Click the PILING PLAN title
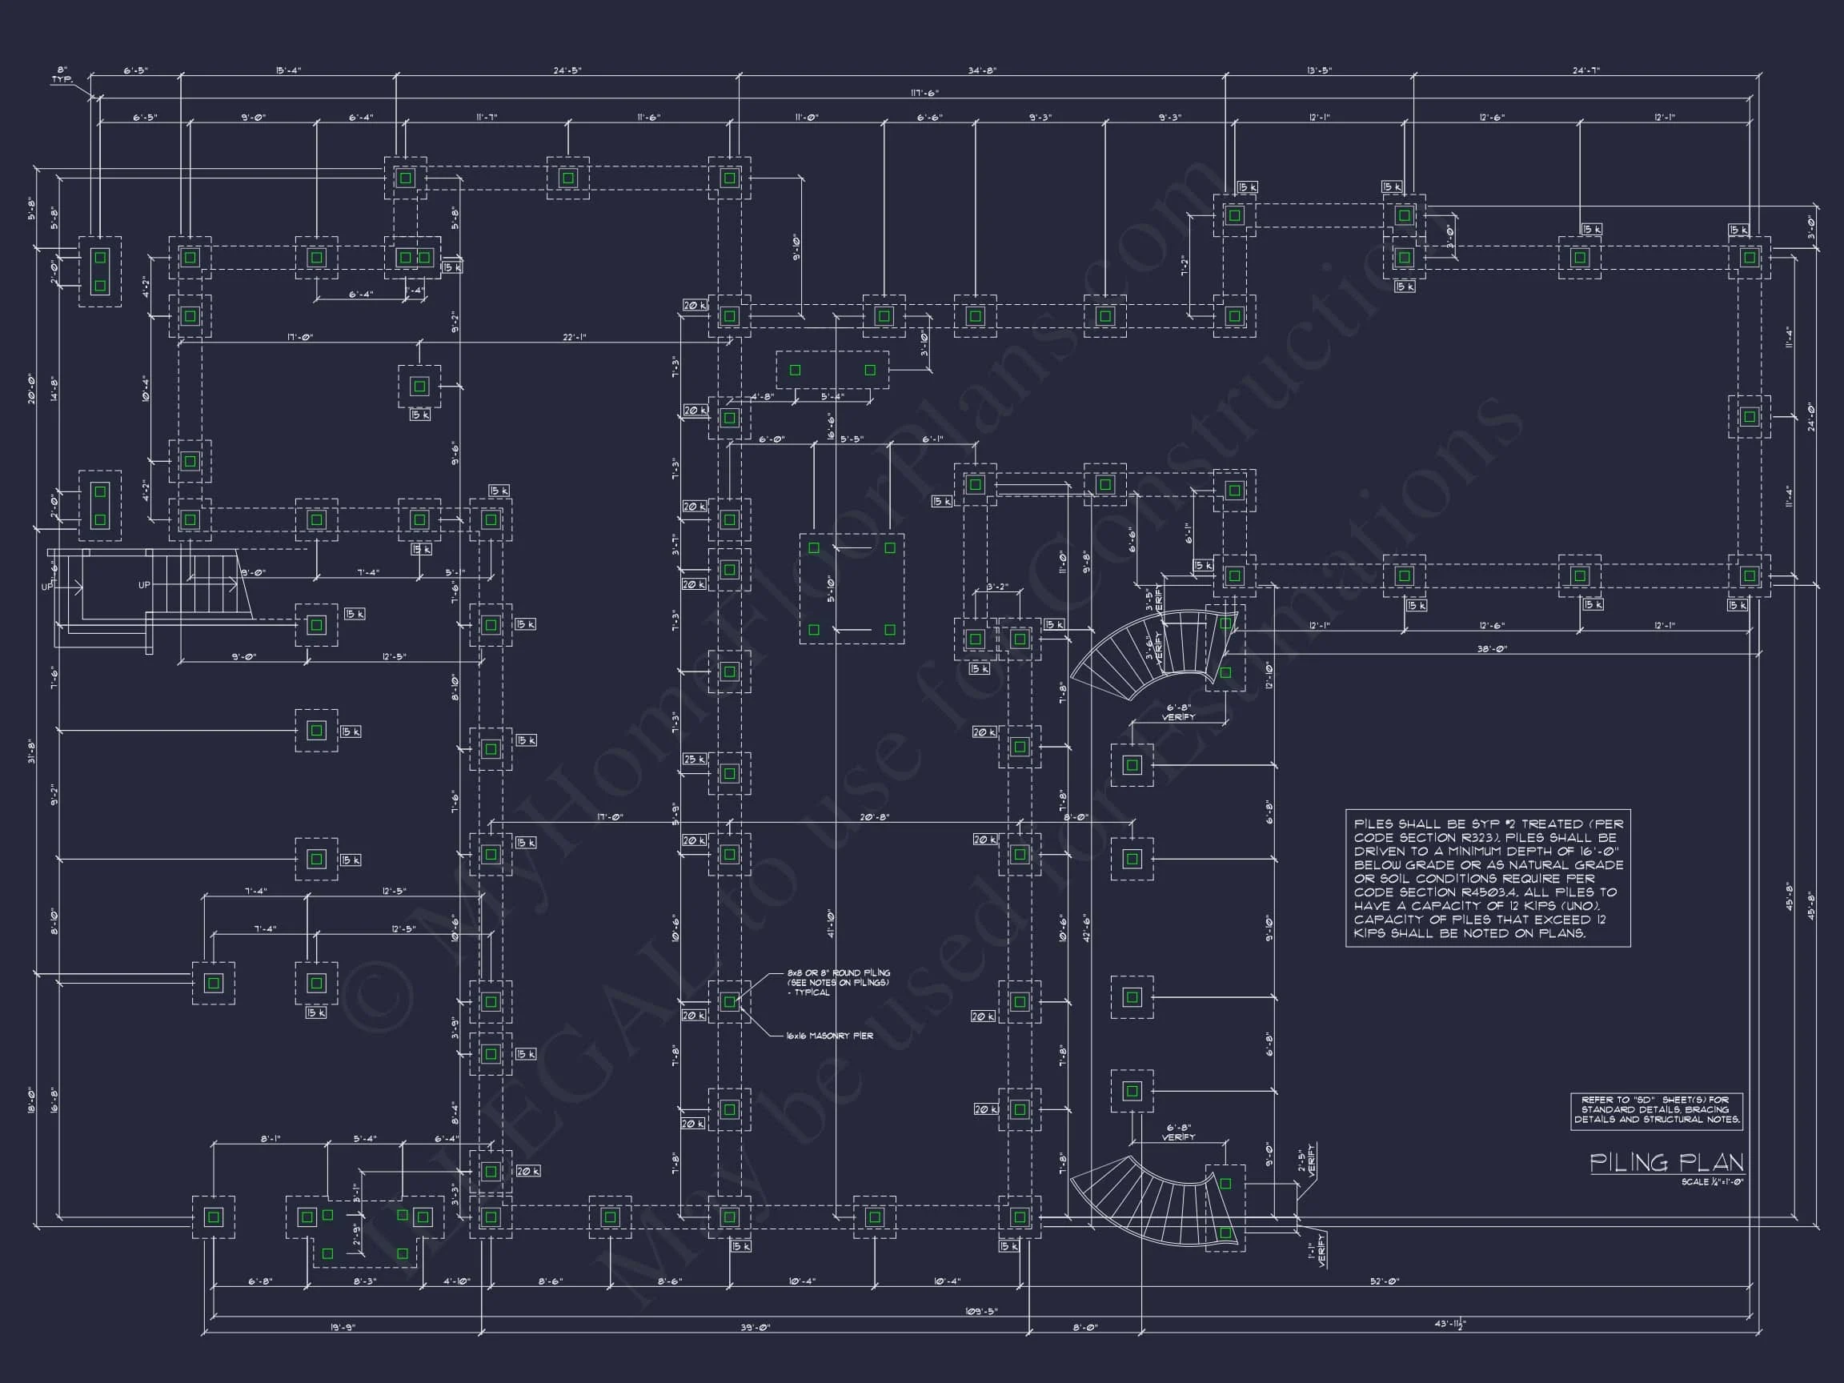1666,1162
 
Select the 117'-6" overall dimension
924,94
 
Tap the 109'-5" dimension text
980,1311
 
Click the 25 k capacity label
695,760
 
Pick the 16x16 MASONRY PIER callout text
829,1036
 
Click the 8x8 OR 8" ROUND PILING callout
838,982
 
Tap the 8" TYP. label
62,75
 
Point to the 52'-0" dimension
1385,1282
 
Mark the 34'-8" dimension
982,71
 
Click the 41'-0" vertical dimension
831,923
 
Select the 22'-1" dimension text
575,338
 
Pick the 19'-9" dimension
342,1327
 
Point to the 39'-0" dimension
756,1327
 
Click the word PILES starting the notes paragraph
1373,824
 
